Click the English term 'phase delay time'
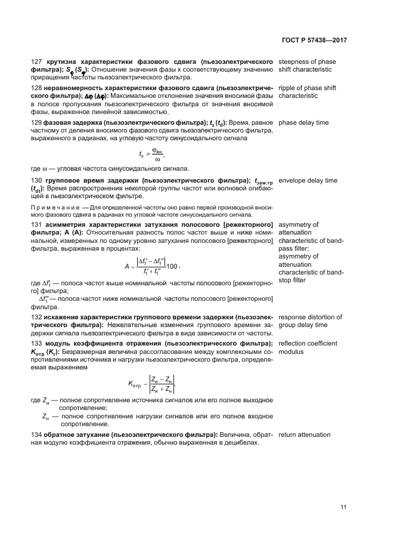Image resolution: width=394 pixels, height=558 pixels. pos(303,122)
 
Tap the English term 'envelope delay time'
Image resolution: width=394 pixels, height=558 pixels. pos(308,180)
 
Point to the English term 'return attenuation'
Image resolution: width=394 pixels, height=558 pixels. pos(304,434)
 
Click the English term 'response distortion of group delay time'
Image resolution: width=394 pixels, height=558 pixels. pos(310,321)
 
